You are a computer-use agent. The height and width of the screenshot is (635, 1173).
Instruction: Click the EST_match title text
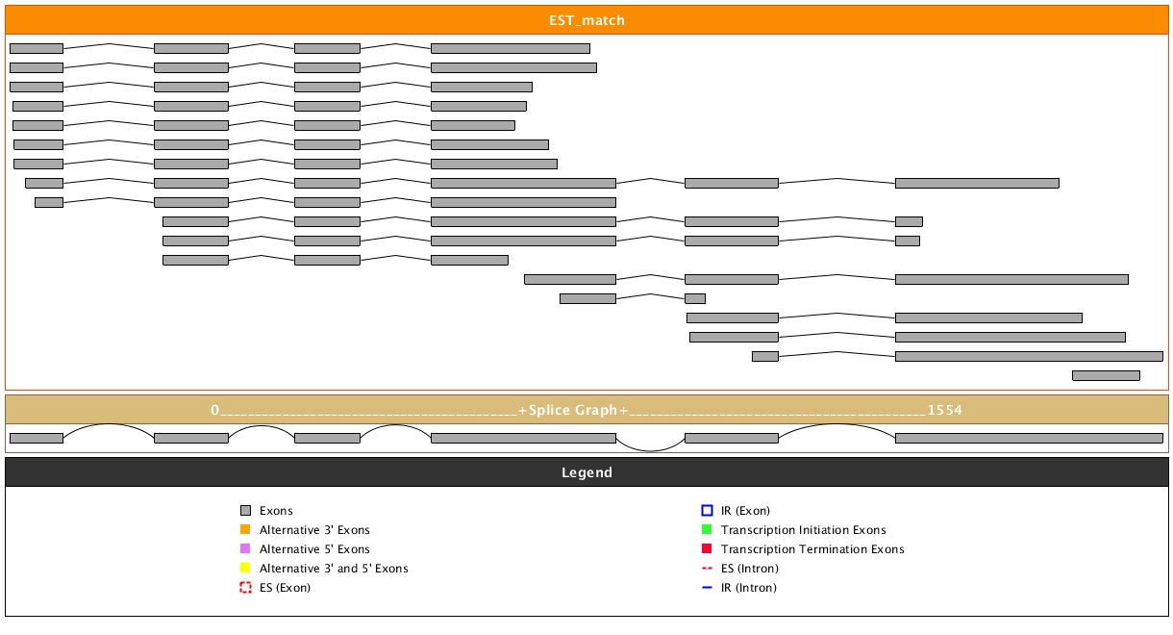[x=586, y=20]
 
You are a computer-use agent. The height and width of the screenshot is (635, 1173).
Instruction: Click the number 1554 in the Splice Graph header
[x=944, y=410]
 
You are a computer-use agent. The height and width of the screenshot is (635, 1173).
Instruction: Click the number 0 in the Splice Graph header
[x=215, y=410]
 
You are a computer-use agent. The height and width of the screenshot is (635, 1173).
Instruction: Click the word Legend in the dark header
[x=586, y=472]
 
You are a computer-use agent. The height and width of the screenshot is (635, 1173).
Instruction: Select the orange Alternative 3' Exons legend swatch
[x=245, y=530]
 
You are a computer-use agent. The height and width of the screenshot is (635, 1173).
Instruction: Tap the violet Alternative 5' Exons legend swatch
[x=245, y=549]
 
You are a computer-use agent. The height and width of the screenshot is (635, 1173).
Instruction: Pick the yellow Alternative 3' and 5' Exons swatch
[x=245, y=569]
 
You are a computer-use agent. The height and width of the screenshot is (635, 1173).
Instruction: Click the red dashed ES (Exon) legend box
[x=245, y=588]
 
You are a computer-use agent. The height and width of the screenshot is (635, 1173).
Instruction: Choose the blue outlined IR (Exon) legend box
[x=707, y=511]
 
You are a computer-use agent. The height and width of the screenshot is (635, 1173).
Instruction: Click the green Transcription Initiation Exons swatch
[x=707, y=530]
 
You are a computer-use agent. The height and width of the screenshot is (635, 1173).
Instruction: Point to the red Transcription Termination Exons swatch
[x=707, y=549]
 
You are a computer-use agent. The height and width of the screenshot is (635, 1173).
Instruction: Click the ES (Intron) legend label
[x=750, y=569]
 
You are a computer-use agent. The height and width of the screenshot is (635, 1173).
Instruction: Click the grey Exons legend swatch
[x=245, y=511]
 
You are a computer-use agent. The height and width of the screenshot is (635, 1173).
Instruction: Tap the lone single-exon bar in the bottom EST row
[x=1106, y=375]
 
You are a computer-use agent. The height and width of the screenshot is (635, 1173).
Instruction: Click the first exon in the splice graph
[x=36, y=438]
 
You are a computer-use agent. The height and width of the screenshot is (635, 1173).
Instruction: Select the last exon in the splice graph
[x=1029, y=438]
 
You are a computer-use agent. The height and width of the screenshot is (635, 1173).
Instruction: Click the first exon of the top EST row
[x=36, y=48]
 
